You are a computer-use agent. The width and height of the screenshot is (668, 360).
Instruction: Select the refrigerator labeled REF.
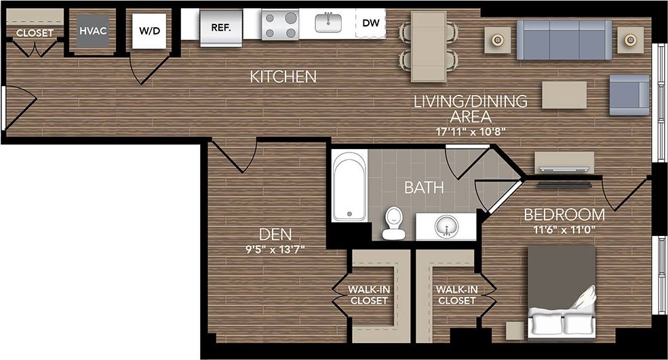(x=221, y=28)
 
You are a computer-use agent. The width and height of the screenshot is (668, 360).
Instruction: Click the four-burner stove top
(x=281, y=25)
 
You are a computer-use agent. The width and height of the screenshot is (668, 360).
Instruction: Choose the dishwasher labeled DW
(x=370, y=23)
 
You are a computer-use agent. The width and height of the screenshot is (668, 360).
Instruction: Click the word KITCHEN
(x=283, y=77)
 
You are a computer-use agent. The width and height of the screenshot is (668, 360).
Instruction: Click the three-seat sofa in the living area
(x=564, y=39)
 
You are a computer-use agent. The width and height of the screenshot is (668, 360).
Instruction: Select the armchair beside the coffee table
(x=629, y=95)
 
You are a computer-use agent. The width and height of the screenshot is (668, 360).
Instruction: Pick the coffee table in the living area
(x=564, y=95)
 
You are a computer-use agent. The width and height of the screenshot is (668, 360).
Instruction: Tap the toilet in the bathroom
(x=393, y=224)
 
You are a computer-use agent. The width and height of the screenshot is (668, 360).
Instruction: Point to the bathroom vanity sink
(x=446, y=226)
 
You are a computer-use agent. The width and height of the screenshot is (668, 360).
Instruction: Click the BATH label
(x=424, y=187)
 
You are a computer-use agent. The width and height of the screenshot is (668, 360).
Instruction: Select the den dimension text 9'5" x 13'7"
(x=276, y=249)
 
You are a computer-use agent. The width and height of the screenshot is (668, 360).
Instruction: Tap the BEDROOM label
(x=564, y=215)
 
